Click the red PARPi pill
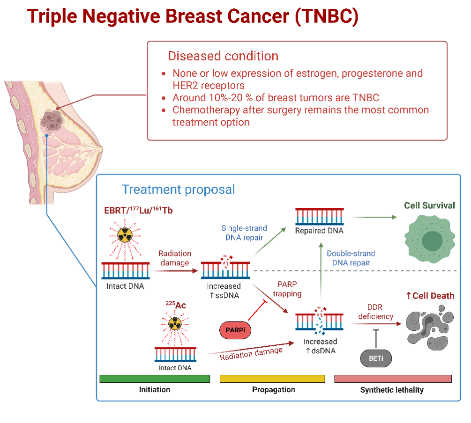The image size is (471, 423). (234, 330)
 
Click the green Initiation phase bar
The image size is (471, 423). (155, 379)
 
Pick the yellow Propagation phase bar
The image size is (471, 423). (272, 379)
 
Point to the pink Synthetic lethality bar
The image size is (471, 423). (393, 379)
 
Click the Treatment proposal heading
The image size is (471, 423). (178, 190)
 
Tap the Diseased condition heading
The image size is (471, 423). (223, 56)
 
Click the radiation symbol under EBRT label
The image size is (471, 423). (125, 235)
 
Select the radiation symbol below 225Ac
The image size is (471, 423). (174, 323)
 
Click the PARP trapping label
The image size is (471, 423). (287, 290)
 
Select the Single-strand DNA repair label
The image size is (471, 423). (244, 233)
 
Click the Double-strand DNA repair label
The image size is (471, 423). (351, 258)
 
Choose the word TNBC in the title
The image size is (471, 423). (327, 16)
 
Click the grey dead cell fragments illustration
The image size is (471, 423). (429, 328)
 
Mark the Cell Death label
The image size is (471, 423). (430, 296)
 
